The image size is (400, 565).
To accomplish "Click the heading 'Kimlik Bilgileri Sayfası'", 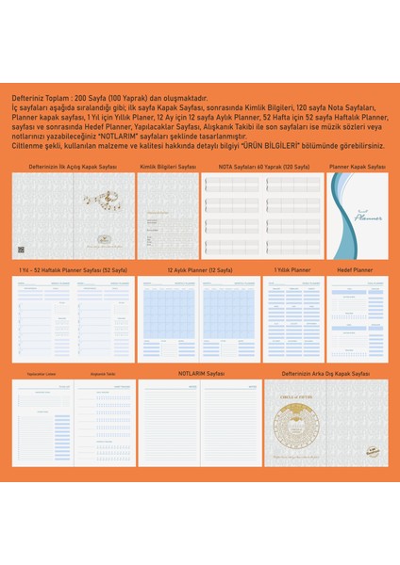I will pos(168,166).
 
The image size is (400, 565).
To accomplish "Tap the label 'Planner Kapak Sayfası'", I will pos(358,166).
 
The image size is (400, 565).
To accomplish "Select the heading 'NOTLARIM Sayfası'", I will pos(200,373).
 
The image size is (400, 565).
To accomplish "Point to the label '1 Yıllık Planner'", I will pos(292,269).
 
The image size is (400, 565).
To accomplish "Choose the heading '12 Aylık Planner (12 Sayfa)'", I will pos(200,269).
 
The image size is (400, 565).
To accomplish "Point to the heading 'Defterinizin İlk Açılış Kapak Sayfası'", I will pos(73,166).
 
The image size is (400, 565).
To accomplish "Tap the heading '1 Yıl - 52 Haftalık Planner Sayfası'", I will pos(73,269).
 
